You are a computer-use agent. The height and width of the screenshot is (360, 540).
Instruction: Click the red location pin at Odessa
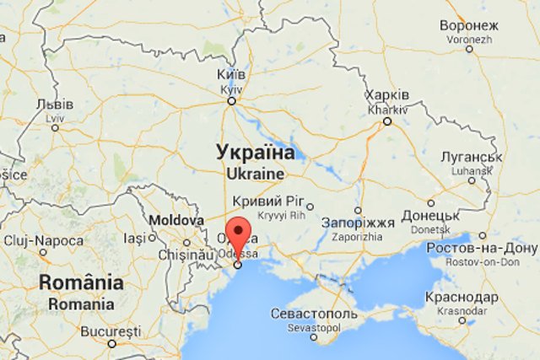[x=240, y=234]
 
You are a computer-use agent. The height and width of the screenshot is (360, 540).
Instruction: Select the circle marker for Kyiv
[x=230, y=101]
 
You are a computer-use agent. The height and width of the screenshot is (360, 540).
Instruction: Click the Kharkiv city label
[x=388, y=100]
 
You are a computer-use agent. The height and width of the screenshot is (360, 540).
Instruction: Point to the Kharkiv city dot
[x=387, y=121]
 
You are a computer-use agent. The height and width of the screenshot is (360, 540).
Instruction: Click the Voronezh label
[x=469, y=31]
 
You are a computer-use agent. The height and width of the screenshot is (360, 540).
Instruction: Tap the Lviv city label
[x=56, y=110]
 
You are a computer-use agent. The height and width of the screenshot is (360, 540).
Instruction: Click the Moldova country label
[x=176, y=220]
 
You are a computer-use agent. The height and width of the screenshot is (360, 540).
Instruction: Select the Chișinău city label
[x=181, y=254]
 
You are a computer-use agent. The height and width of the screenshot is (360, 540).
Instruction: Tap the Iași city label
[x=135, y=239]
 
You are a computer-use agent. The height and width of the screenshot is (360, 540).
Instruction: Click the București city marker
[x=111, y=343]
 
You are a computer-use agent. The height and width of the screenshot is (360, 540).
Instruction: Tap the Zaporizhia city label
[x=358, y=229]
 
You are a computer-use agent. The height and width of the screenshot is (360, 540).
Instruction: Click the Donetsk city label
[x=430, y=222]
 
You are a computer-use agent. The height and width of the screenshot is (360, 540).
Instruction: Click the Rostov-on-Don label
[x=481, y=254]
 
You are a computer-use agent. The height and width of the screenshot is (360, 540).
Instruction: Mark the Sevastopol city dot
[x=314, y=336]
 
